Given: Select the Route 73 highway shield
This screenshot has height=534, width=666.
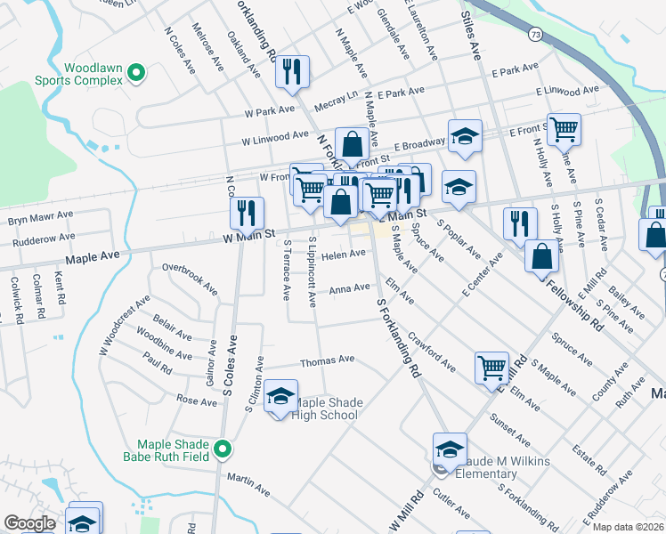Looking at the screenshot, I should (534, 35).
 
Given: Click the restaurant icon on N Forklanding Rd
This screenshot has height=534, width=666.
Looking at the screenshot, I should (292, 71).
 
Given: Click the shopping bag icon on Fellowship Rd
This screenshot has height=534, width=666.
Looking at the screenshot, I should (540, 258).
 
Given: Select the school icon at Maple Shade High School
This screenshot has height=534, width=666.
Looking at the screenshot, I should (281, 398).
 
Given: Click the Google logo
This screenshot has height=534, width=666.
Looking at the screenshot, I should (30, 523).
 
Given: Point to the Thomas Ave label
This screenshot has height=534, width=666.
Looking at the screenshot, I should (327, 360).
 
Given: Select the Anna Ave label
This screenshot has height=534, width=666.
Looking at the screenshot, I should (349, 288).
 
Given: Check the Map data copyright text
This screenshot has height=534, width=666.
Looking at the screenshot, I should (627, 527).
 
